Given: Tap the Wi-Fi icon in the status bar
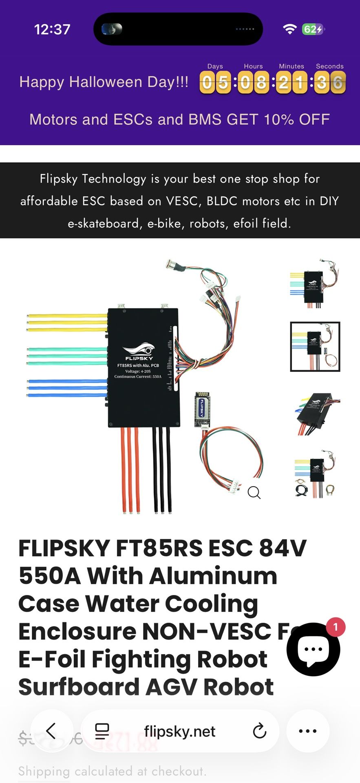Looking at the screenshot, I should [290, 29].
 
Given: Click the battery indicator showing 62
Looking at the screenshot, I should [313, 29].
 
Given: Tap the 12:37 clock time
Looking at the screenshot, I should [52, 29].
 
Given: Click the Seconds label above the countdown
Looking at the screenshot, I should [329, 66].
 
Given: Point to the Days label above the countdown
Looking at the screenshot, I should [215, 66].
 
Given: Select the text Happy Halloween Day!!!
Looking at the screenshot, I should [104, 82].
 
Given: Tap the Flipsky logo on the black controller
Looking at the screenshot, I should [139, 351].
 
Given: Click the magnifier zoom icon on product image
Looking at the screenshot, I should [254, 493].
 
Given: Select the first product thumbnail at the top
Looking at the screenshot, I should [315, 284].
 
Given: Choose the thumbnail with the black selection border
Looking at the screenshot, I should [315, 347].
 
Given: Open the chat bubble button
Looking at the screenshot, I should [313, 649].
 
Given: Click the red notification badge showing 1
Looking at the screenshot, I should [336, 627].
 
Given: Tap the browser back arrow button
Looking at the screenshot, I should [51, 731].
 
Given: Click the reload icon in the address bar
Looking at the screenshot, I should [259, 731].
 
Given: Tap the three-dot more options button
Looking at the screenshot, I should [307, 731].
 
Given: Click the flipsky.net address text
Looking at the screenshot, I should [179, 731].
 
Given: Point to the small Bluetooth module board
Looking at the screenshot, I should [202, 409].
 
